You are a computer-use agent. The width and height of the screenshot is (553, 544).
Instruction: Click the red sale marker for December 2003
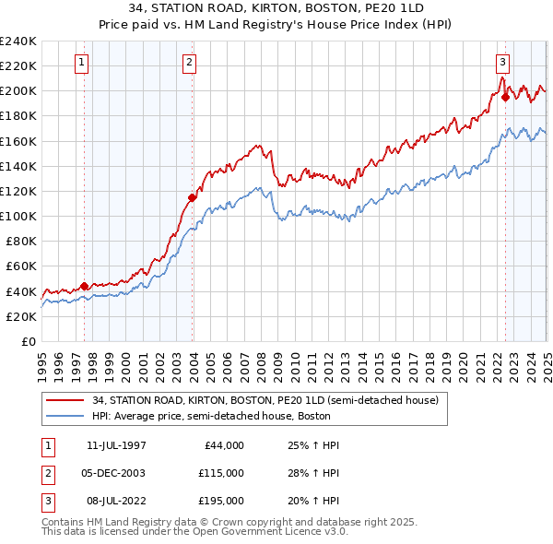point(192,197)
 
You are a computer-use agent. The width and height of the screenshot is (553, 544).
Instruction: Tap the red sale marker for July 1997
point(84,286)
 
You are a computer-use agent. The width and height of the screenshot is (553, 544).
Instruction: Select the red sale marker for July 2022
point(505,97)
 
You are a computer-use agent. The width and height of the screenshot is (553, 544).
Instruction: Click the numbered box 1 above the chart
point(82,63)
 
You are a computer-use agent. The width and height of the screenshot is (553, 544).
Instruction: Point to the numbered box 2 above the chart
point(188,63)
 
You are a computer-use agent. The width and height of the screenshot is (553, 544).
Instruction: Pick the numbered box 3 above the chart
point(502,63)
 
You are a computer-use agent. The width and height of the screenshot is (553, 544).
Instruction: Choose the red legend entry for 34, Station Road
point(270,400)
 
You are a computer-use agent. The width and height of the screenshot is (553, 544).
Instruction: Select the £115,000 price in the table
point(222,473)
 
